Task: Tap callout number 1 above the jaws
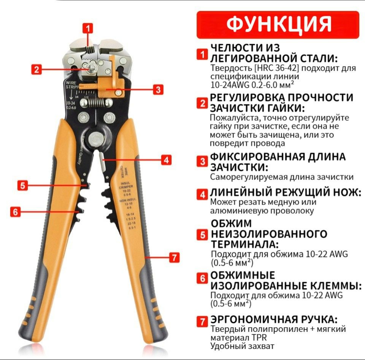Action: coord(88,28)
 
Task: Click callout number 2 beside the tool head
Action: coord(36,69)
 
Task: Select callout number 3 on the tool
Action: coord(158,90)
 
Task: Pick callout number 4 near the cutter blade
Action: coord(166,160)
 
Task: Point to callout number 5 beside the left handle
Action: coord(23,185)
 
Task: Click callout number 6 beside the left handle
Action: coord(15,212)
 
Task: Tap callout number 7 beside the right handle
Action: coord(174,257)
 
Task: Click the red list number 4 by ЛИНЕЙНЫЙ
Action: coord(202,194)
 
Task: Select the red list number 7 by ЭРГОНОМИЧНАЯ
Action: coord(202,321)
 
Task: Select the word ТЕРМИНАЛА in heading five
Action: coord(244,243)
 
